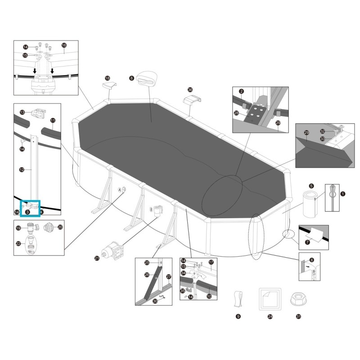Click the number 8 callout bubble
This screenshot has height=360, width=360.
tap(131, 78)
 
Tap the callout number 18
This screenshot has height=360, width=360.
tap(107, 78)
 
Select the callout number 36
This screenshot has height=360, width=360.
tap(189, 90)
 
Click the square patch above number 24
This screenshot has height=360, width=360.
tap(270, 298)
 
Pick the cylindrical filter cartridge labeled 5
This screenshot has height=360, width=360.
tap(310, 203)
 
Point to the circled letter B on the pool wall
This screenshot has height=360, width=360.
tap(151, 209)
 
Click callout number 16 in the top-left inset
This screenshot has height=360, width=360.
tap(64, 45)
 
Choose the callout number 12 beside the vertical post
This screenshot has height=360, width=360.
tap(22, 170)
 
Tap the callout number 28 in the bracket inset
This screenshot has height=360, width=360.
tap(236, 113)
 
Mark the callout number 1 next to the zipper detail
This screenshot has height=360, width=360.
tap(343, 194)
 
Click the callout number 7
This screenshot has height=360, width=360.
tap(307, 242)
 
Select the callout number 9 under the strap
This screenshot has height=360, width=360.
tap(238, 317)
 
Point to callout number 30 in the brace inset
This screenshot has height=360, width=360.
tap(155, 301)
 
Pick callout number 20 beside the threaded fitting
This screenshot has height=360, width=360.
tap(60, 227)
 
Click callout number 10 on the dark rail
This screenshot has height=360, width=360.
tap(209, 296)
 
